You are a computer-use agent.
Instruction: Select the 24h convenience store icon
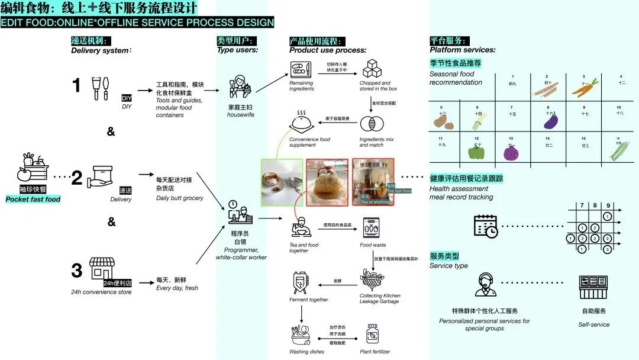click(101, 269)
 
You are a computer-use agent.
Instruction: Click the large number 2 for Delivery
click(76, 178)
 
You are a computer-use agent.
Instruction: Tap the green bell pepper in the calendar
click(477, 152)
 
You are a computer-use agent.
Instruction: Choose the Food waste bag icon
click(371, 228)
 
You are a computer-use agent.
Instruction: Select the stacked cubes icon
click(371, 72)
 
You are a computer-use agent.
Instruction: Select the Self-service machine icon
click(593, 287)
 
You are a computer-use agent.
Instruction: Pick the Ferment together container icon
click(301, 282)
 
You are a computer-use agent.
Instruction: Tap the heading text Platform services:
click(462, 50)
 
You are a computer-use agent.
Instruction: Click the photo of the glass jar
click(373, 181)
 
